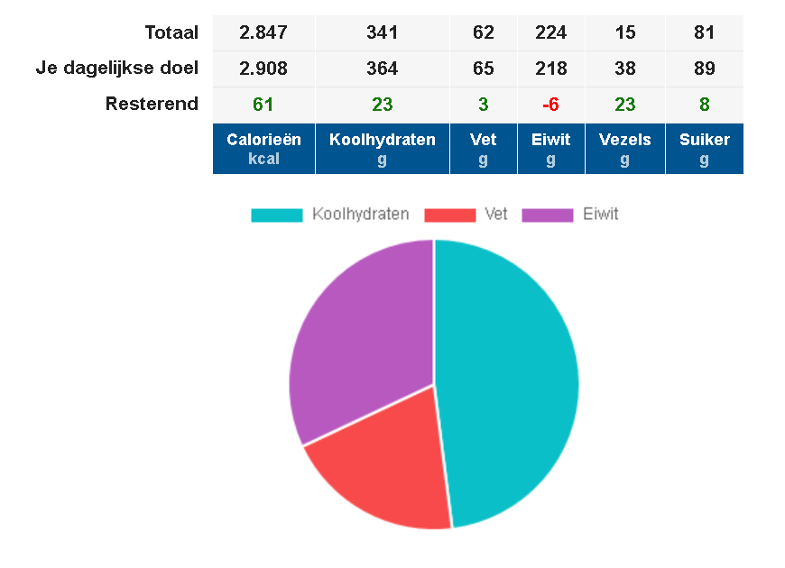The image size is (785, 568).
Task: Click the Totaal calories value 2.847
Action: coord(263,33)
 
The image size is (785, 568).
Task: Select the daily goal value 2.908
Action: coord(263,69)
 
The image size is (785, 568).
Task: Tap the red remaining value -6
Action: coord(550,105)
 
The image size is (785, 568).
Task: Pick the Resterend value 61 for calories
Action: coord(263,105)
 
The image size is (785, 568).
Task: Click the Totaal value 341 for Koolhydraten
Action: coord(382,33)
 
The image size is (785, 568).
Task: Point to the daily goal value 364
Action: coord(382,69)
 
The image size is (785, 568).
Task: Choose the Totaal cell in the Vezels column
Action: coord(624,33)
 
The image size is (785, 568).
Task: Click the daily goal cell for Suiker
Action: coord(704,69)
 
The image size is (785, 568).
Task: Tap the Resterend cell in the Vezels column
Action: coord(624,105)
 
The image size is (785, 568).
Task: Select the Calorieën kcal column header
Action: coord(263,149)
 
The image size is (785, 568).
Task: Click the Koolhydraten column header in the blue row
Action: coord(382,149)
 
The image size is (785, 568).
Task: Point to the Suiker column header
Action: coord(704,149)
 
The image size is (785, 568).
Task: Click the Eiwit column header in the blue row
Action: coord(550,149)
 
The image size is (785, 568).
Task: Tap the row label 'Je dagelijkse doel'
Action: coord(117,69)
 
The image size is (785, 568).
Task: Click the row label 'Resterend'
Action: coord(152,105)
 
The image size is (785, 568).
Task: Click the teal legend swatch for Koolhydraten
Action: coord(276,215)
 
